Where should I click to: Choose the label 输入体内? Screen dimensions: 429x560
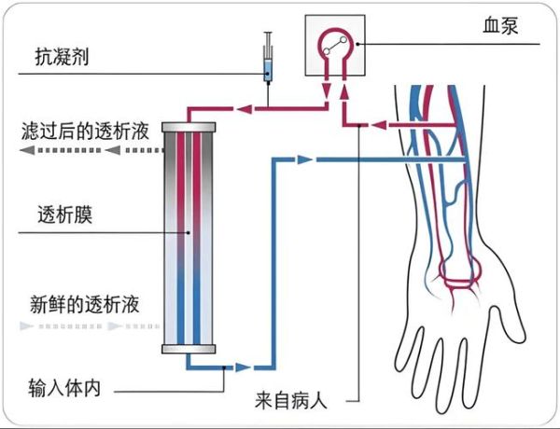[63, 386]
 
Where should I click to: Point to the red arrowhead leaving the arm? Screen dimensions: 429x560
[381, 124]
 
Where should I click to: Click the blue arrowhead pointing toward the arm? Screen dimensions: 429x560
[302, 160]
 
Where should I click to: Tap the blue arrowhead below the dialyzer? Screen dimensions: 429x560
[242, 368]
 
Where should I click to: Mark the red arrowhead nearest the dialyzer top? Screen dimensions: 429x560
[242, 110]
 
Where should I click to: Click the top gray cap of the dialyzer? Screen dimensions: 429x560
[190, 126]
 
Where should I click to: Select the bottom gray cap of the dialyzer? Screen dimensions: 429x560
[190, 350]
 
